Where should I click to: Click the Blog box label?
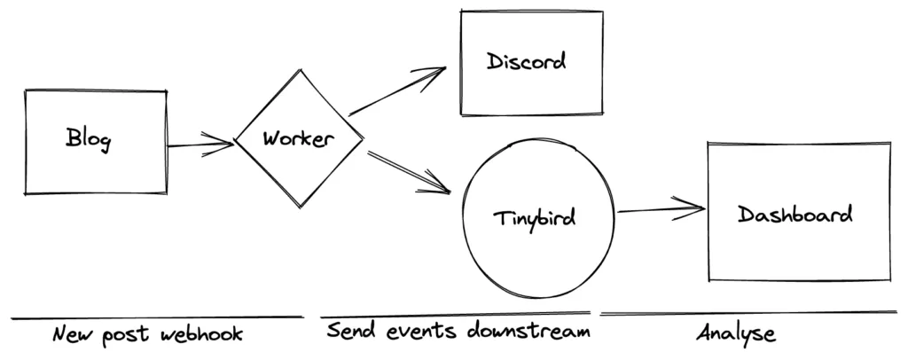88,139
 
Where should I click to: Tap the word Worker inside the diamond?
299,139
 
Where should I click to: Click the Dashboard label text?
794,215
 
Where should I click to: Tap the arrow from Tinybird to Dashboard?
661,210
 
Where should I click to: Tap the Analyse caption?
735,333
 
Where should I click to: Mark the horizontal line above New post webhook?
157,317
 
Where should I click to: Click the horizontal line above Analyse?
748,312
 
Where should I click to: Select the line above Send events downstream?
455,313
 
